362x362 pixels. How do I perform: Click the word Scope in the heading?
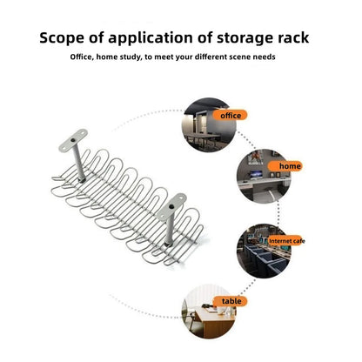pos(62,38)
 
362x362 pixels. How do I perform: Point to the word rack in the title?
pos(293,38)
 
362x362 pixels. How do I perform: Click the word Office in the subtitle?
pos(82,57)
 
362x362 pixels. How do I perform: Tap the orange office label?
pos(230,116)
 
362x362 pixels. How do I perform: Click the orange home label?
pos(285,166)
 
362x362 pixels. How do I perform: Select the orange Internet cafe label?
pos(285,241)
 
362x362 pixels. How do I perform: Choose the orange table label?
pos(231,301)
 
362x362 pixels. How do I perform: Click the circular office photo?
pos(209,124)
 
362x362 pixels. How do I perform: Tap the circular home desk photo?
pos(264,176)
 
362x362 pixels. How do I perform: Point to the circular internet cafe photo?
pos(264,251)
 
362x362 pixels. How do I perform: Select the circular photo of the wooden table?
pos(209,312)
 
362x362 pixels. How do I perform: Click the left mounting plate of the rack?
pos(73,140)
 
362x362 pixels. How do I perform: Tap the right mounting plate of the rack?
pos(171,206)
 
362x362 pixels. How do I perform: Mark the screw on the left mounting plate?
pos(72,141)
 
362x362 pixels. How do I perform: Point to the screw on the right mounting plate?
pos(171,207)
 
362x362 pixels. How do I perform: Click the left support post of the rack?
pos(78,164)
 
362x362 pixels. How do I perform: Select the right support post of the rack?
pos(169,229)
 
